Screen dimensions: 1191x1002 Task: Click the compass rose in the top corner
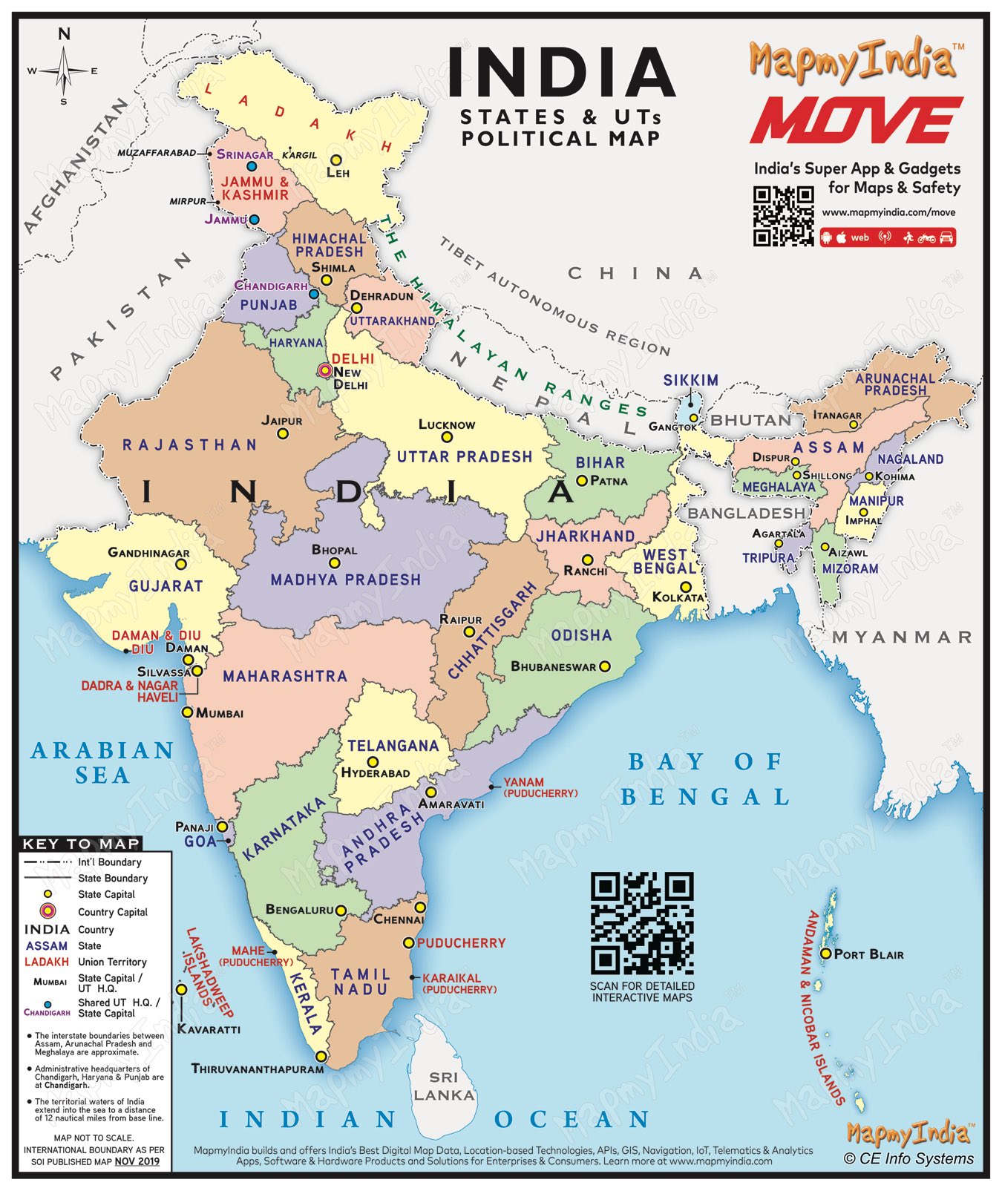click(64, 70)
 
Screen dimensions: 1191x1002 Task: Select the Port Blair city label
click(868, 954)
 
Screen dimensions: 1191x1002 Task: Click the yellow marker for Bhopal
click(335, 563)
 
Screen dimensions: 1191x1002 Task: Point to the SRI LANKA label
click(444, 1086)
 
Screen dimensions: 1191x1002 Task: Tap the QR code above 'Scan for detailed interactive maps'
click(642, 923)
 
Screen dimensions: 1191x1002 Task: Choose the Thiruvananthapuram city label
click(258, 1069)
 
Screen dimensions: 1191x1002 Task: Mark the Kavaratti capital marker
click(181, 990)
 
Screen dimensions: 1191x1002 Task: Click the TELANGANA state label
click(393, 746)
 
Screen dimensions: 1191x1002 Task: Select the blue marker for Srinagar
click(252, 167)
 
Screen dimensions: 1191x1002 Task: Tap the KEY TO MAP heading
click(81, 844)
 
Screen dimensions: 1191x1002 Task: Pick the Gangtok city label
click(672, 427)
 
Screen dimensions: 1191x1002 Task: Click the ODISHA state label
click(581, 635)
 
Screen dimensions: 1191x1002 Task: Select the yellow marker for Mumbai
click(187, 712)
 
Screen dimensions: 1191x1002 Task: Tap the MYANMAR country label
click(902, 637)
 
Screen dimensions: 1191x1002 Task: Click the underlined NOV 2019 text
click(137, 1161)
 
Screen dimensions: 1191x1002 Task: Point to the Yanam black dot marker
click(491, 787)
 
